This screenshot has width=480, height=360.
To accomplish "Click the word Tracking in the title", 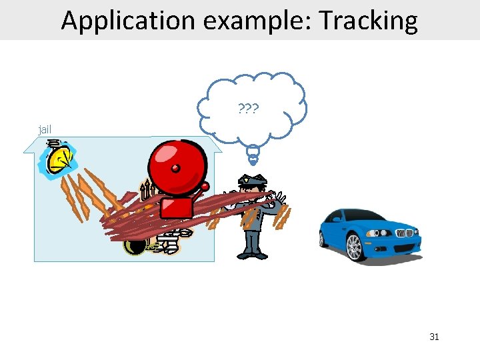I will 368,21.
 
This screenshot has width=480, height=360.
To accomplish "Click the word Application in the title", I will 127,21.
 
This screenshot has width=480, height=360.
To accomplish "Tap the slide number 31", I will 434,337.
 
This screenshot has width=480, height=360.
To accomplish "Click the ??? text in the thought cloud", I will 249,108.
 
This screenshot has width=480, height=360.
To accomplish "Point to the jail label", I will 45,129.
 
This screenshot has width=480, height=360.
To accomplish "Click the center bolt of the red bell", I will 176,166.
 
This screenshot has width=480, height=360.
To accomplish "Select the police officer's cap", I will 253,179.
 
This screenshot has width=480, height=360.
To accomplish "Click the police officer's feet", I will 252,254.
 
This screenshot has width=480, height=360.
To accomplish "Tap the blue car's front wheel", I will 354,247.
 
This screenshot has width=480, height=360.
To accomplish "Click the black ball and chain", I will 135,245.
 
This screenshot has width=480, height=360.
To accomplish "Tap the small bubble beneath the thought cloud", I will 253,155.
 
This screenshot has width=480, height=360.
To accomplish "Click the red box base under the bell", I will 176,207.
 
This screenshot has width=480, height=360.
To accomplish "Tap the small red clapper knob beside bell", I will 205,186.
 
